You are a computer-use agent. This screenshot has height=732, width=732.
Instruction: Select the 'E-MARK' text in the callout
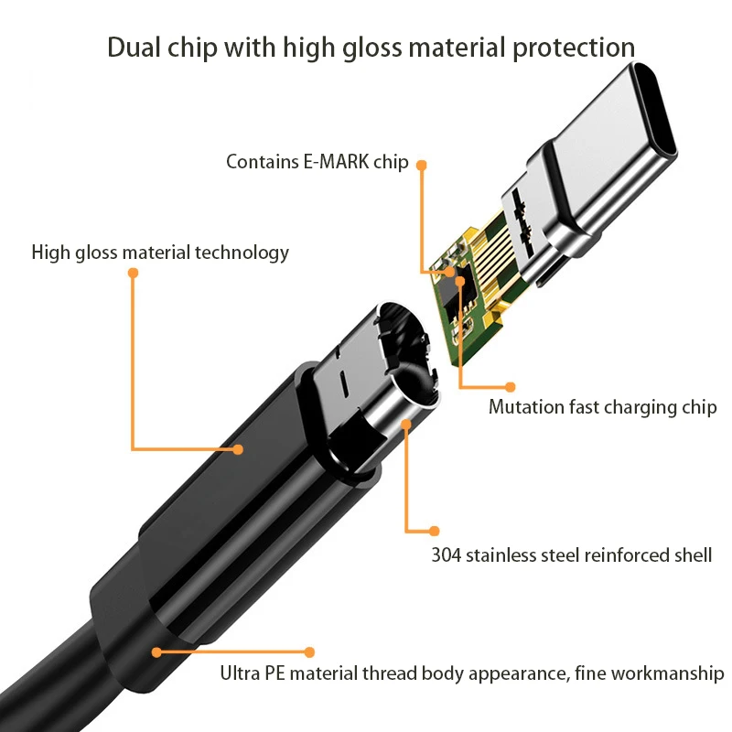pos(335,163)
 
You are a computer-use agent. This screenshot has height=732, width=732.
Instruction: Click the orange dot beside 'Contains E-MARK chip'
pos(422,165)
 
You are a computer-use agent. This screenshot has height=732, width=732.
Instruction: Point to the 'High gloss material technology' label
pos(160,253)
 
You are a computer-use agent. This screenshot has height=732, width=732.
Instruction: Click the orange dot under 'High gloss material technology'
pos(133,273)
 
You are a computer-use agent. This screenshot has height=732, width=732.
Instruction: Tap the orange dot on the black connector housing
pos(238,449)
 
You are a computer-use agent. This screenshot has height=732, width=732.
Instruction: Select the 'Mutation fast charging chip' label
pos(602,407)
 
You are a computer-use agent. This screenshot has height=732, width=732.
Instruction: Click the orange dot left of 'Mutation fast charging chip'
pos(511,387)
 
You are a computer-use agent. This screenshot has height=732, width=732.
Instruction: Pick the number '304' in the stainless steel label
pos(447,554)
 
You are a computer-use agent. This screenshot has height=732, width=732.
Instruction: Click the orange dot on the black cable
pos(156,652)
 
